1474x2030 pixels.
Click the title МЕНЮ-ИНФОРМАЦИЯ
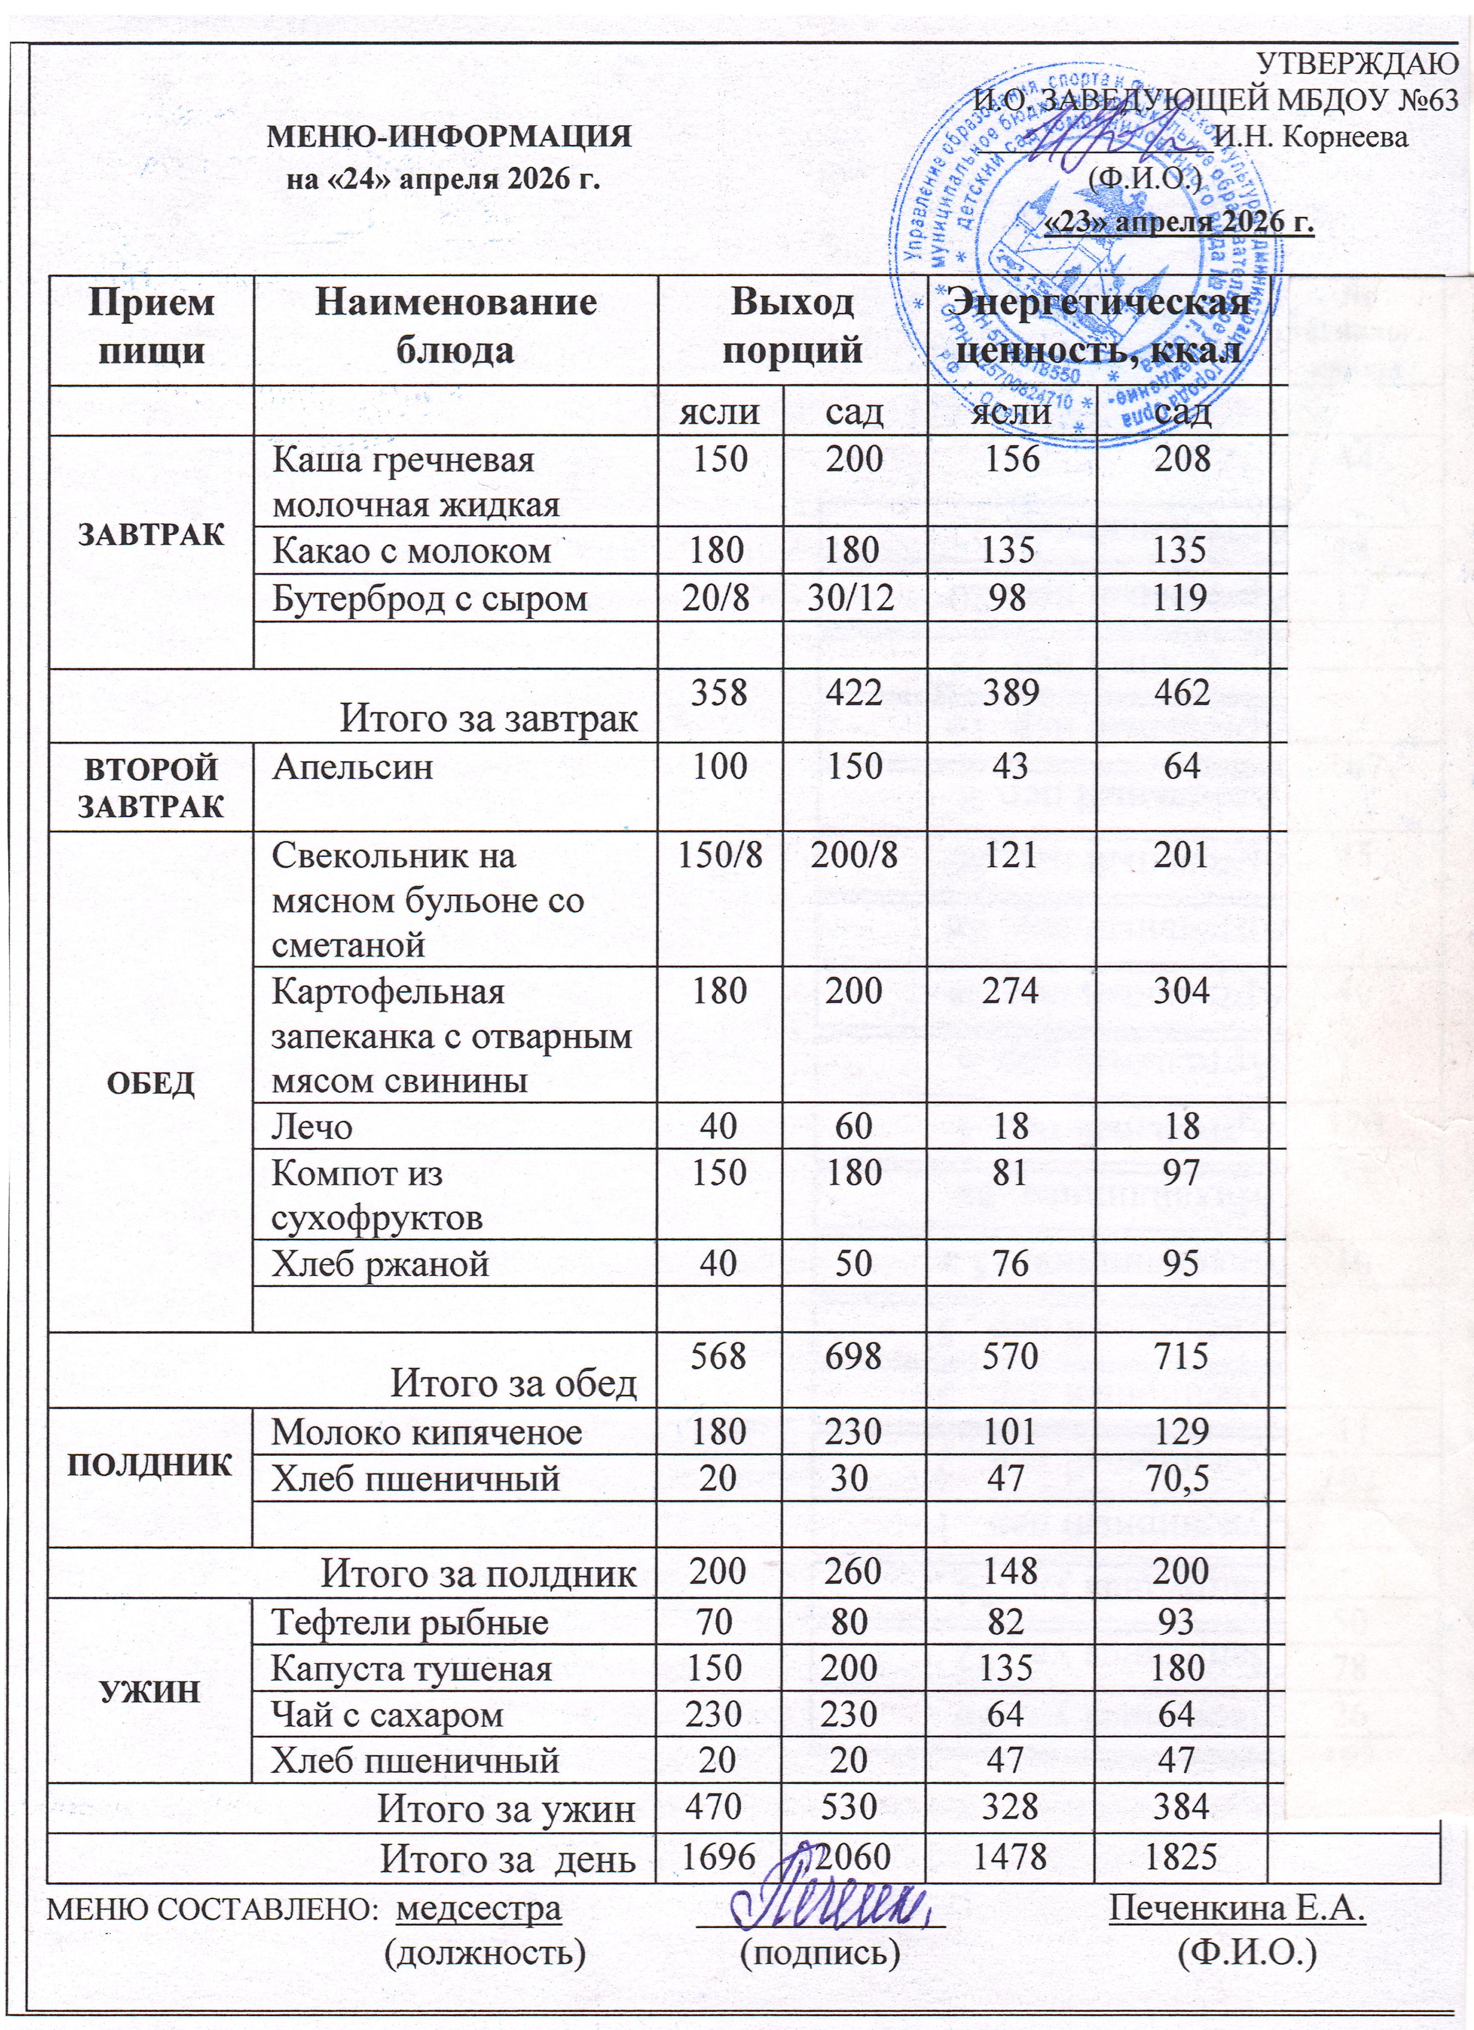pos(450,137)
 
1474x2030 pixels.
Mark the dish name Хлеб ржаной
pos(380,1263)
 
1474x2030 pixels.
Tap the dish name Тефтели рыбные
pos(410,1622)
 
